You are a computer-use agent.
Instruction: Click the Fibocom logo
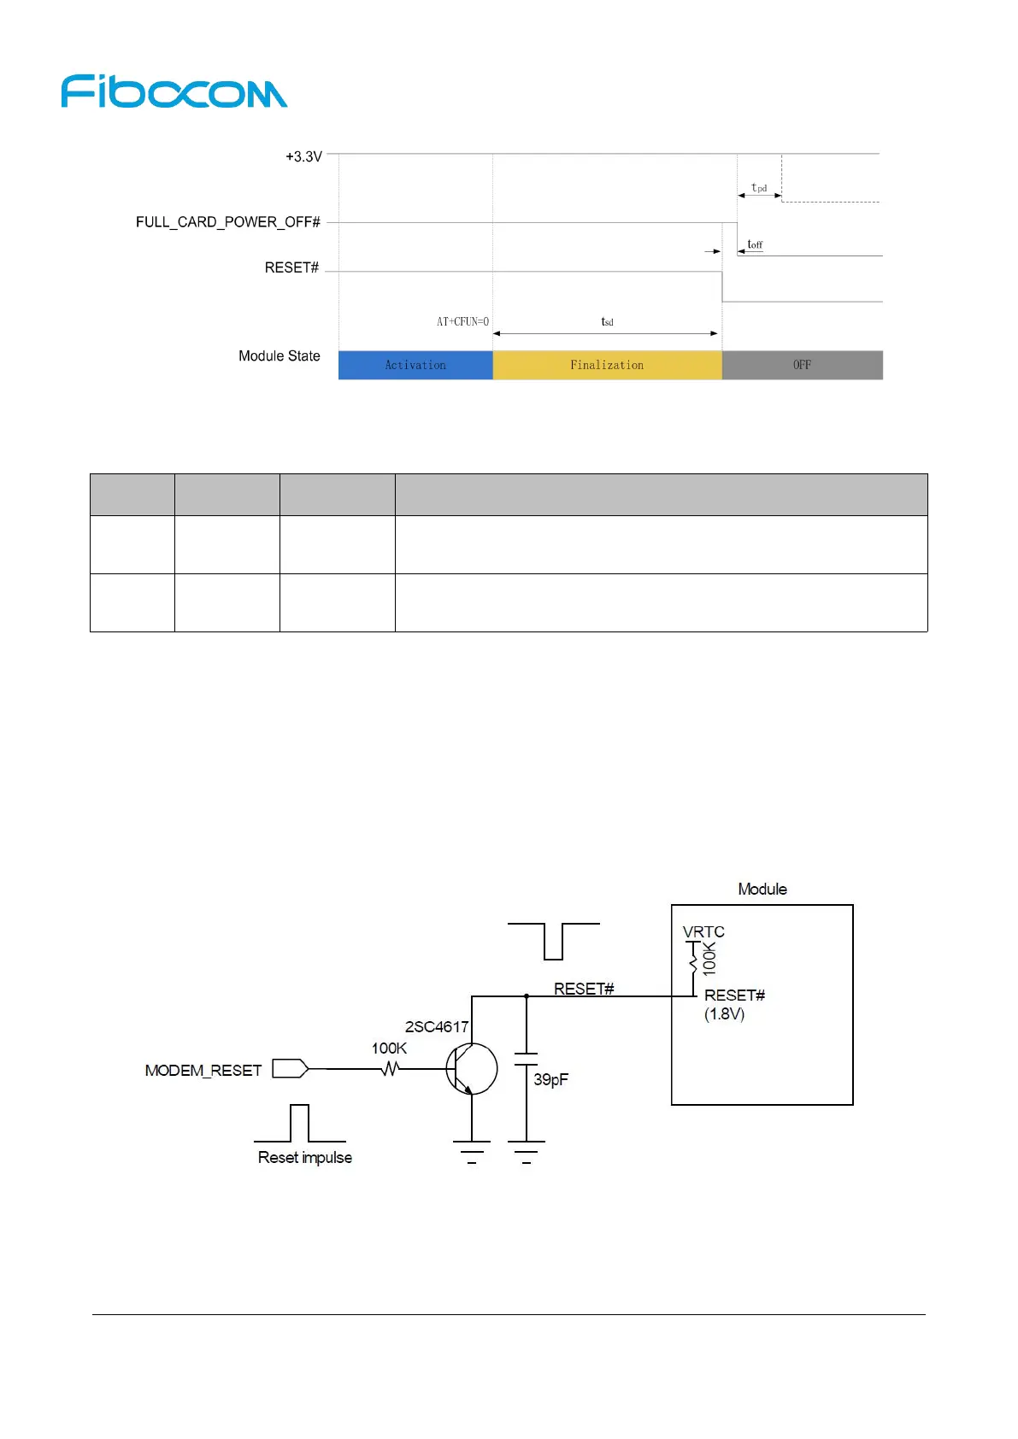pyautogui.click(x=174, y=91)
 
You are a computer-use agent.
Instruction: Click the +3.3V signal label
pyautogui.click(x=303, y=156)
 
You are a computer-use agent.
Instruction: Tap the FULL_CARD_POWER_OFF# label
pyautogui.click(x=227, y=222)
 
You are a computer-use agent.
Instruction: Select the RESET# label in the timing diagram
pyautogui.click(x=291, y=267)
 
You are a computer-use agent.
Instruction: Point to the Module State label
pyautogui.click(x=279, y=355)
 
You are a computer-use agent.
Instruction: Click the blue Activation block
pyautogui.click(x=415, y=365)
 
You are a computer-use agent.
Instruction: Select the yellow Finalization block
pyautogui.click(x=607, y=365)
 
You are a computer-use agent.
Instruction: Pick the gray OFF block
pyautogui.click(x=802, y=365)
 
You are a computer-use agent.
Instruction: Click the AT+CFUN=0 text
pyautogui.click(x=462, y=322)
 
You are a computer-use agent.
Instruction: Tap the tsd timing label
pyautogui.click(x=607, y=322)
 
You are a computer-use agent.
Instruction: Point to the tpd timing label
pyautogui.click(x=759, y=188)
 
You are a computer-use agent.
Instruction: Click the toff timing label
pyautogui.click(x=755, y=244)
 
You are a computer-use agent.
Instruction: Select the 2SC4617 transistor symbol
pyautogui.click(x=471, y=1068)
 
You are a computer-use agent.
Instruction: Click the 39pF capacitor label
pyautogui.click(x=550, y=1079)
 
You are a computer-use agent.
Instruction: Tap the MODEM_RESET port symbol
pyautogui.click(x=290, y=1068)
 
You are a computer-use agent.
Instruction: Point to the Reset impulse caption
pyautogui.click(x=304, y=1157)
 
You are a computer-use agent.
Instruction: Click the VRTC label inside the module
pyautogui.click(x=703, y=931)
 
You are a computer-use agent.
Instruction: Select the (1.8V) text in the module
pyautogui.click(x=724, y=1013)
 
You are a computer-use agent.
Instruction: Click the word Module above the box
pyautogui.click(x=762, y=889)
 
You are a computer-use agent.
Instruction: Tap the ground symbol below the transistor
pyautogui.click(x=471, y=1150)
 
